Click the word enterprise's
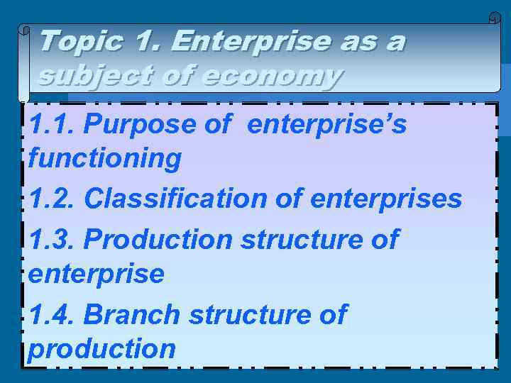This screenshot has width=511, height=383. [x=327, y=125]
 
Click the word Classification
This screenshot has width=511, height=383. [x=176, y=199]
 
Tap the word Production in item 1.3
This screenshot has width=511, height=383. [x=158, y=239]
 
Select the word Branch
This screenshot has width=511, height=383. [x=132, y=313]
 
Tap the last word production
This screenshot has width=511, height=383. [x=101, y=348]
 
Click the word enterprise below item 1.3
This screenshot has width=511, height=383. [x=96, y=273]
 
